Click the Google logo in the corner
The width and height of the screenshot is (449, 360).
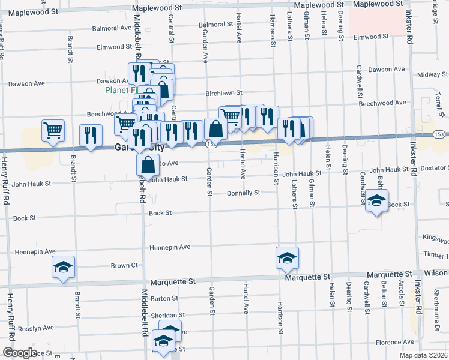20,353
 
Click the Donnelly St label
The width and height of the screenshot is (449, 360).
243,193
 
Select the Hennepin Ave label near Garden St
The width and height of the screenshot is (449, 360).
170,247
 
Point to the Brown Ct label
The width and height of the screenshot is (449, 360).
124,265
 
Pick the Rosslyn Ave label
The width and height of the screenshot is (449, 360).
35,328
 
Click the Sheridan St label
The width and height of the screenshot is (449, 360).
167,315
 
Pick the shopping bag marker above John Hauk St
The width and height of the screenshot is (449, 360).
148,164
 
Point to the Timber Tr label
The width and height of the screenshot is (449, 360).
436,255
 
